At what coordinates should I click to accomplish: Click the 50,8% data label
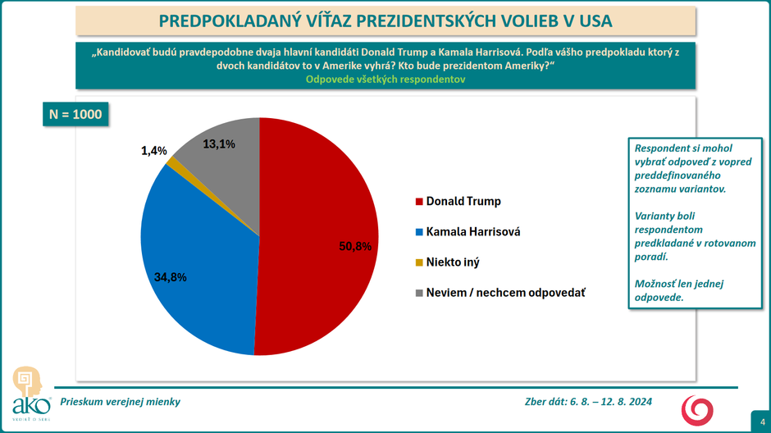355,245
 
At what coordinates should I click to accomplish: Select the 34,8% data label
171,277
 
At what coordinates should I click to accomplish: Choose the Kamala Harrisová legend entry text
473,232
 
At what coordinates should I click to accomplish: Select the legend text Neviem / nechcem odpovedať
506,293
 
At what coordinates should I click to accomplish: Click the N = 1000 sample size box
75,114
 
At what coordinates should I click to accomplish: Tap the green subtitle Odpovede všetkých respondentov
385,80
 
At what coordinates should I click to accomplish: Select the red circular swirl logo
697,408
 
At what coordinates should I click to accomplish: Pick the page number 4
761,422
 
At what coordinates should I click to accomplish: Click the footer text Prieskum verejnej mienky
121,402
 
